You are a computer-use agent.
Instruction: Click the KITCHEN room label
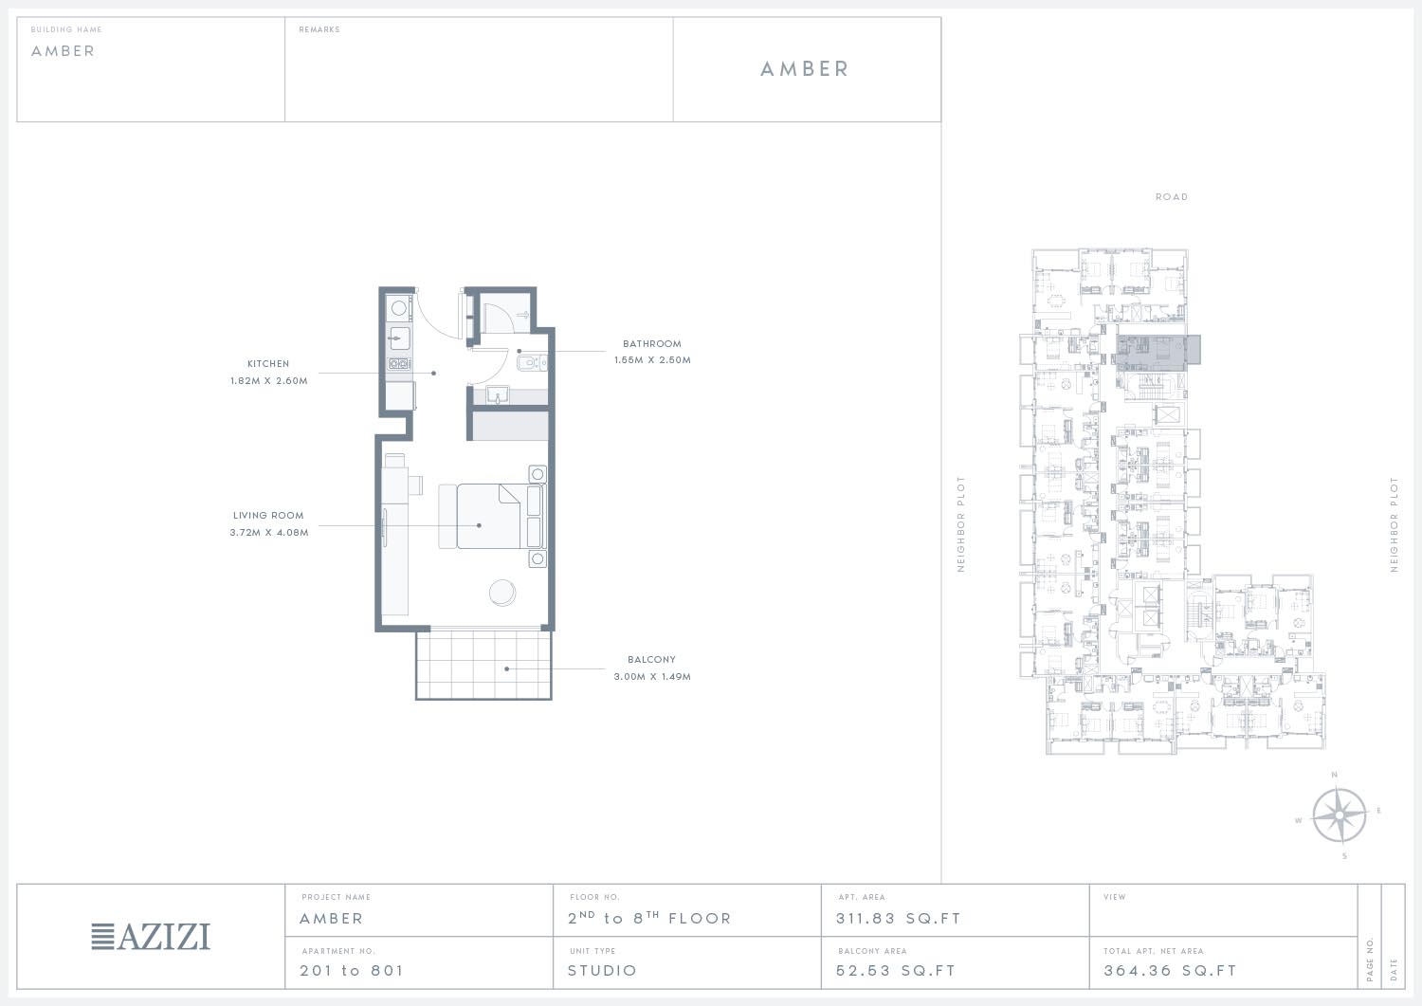point(268,364)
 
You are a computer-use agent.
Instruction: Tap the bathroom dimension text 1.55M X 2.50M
point(652,360)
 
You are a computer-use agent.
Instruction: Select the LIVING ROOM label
point(268,516)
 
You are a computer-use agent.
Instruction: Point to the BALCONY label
point(651,660)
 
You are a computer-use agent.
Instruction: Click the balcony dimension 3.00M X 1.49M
point(652,677)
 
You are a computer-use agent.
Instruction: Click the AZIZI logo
point(151,937)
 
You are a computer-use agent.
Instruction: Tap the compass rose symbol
point(1339,815)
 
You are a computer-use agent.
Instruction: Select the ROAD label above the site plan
point(1171,197)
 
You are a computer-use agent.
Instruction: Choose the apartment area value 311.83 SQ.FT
point(899,919)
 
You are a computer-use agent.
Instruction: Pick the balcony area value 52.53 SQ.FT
point(896,970)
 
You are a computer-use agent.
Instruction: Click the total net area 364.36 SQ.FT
point(1170,970)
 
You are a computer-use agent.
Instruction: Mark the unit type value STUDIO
point(602,970)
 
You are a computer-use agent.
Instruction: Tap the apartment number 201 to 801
point(352,970)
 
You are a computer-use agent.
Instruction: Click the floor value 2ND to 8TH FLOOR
point(649,918)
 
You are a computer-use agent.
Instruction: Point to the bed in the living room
point(492,517)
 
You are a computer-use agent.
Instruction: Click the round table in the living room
point(502,593)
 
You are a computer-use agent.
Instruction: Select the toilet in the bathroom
point(532,363)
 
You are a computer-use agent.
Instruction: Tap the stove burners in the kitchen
point(399,363)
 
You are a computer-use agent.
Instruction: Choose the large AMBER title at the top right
point(804,69)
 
